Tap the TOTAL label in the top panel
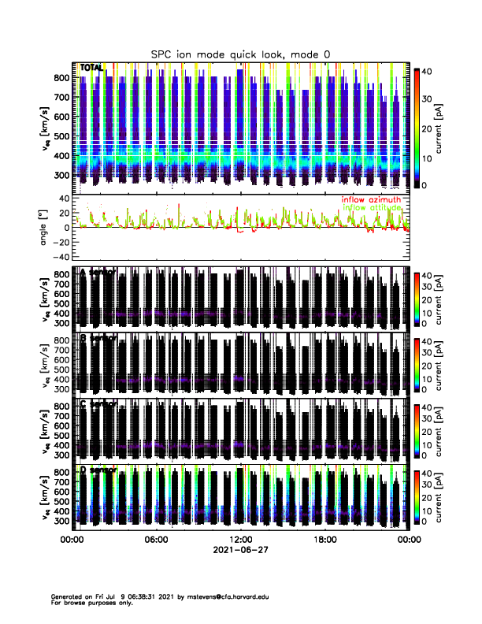pos(93,69)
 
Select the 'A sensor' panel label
pos(98,272)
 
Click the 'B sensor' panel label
pos(98,338)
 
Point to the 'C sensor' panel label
pos(98,404)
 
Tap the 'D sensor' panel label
pos(98,470)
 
